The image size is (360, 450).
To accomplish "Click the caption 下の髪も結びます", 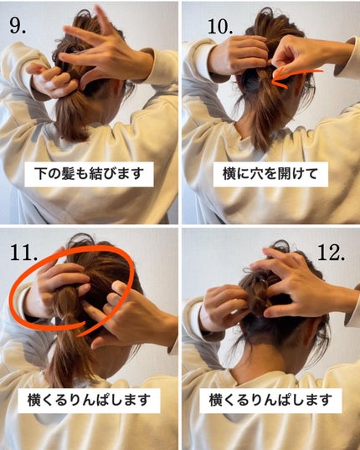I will click(90, 175).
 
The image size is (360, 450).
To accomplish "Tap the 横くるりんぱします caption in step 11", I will click(90, 400).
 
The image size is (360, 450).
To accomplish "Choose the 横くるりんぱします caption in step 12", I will click(270, 400).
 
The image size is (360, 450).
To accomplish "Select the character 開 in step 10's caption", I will click(281, 175).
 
